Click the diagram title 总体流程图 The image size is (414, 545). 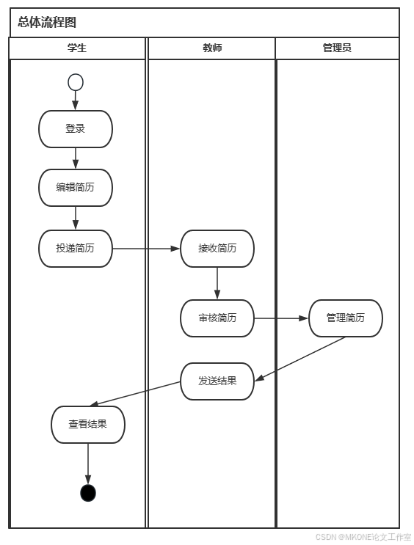[47, 23]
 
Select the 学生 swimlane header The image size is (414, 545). [77, 48]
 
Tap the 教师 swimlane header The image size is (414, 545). [212, 48]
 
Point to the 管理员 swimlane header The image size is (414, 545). [337, 48]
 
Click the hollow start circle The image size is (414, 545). [76, 82]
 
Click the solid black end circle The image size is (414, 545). [88, 493]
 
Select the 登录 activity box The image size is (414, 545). [76, 129]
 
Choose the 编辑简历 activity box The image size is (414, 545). [76, 188]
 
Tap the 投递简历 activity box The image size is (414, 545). [76, 249]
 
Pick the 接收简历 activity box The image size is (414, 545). [217, 249]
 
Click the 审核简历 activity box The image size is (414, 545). [217, 318]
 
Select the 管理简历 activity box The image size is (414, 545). [346, 318]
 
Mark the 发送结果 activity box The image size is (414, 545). [217, 381]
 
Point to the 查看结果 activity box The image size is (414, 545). [88, 425]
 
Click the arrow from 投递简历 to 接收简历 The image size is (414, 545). [147, 249]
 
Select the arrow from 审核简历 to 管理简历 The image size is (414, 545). [281, 318]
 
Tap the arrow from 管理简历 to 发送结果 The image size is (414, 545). [301, 358]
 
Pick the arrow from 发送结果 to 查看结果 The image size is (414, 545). [136, 393]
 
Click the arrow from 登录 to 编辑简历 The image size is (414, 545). [76, 158]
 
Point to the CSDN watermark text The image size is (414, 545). [363, 537]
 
